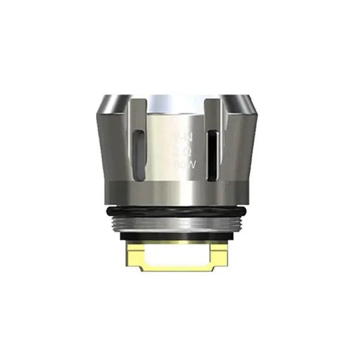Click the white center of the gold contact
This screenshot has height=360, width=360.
point(180,257)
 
